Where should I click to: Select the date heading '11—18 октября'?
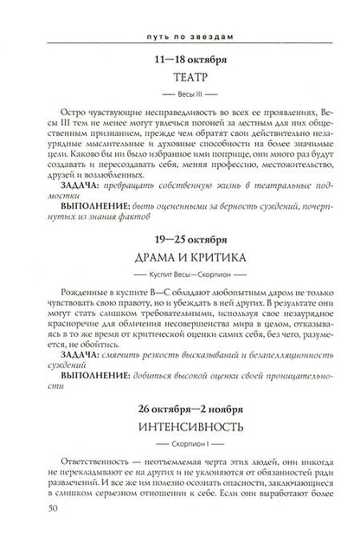click(181, 61)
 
